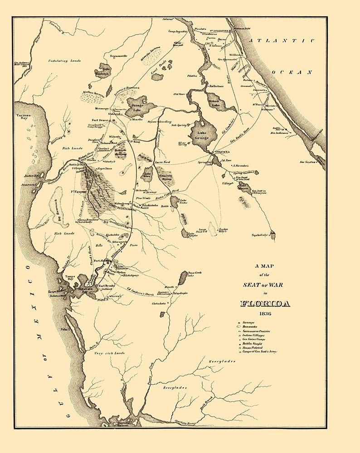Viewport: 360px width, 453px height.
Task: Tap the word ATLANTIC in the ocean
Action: tap(282, 41)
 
